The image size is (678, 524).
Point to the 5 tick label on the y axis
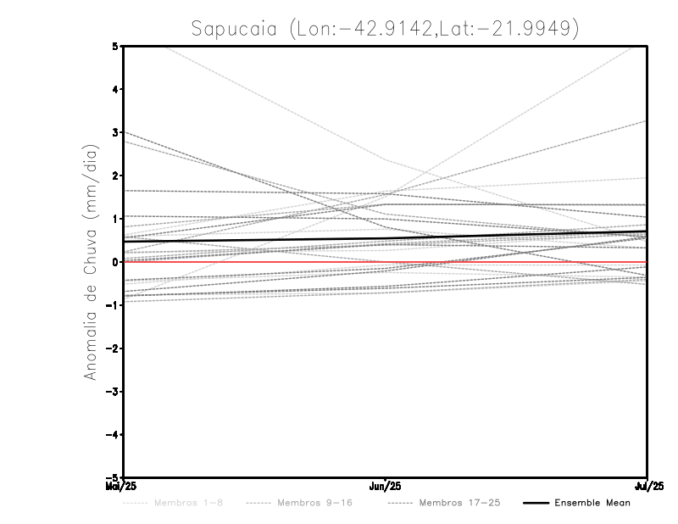pos(115,46)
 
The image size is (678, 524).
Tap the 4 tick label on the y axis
pos(115,89)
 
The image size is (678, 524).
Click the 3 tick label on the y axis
pos(115,132)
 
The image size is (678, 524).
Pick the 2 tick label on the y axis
pos(115,176)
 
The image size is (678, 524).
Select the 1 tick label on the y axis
pos(115,219)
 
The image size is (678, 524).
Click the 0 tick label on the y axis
pos(115,262)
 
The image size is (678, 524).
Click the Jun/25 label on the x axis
pos(386,487)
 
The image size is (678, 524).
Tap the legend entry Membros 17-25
pos(459,503)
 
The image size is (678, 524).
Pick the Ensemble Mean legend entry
pos(592,503)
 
